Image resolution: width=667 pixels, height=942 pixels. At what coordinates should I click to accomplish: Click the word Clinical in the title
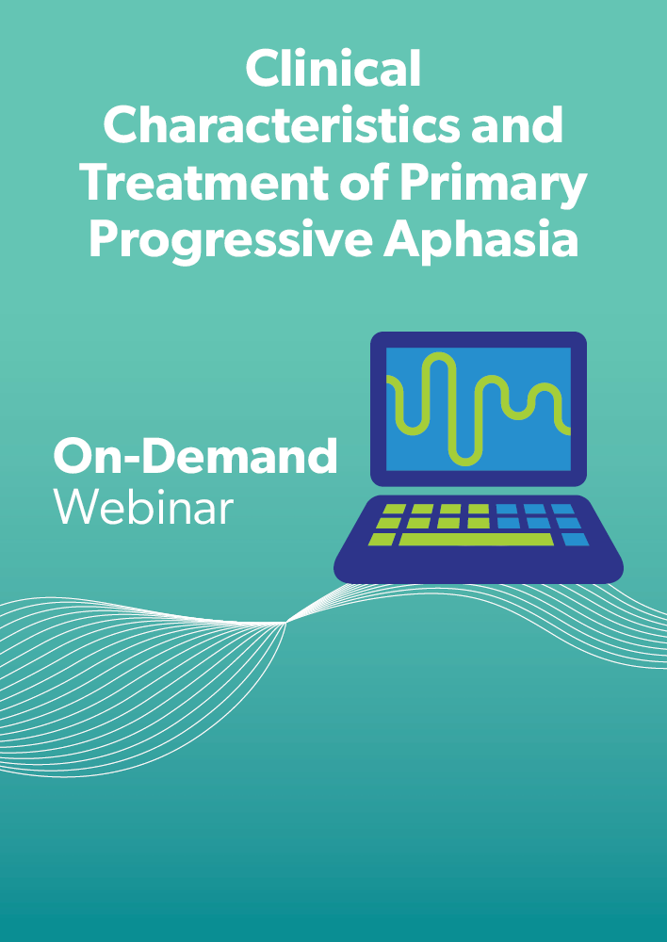coord(333,69)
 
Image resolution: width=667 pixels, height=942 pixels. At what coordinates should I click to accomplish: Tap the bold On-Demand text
coord(195,456)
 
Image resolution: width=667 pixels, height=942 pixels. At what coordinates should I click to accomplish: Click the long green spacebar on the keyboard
coord(477,540)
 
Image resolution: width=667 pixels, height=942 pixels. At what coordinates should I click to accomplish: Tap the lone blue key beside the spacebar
coord(576,540)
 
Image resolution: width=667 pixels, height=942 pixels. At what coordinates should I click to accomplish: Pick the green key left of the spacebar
coord(382,540)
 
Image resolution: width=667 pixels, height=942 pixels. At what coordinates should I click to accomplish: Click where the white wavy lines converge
coord(286,624)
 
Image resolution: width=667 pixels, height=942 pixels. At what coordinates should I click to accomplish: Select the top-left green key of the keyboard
coord(394,509)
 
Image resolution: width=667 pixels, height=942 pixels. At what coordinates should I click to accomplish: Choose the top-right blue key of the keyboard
coord(562,509)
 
